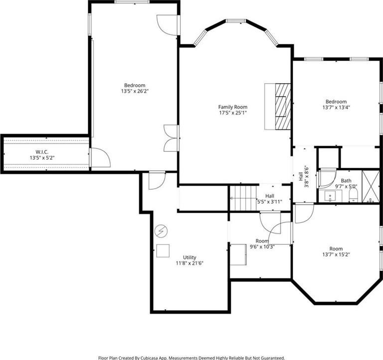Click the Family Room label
click(233, 107)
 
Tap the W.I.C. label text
click(42, 152)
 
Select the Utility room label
click(190, 257)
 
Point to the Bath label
click(346, 181)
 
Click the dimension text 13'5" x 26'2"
click(135, 91)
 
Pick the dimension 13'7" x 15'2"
click(336, 254)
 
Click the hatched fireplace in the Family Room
click(283, 107)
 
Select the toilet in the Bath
click(353, 196)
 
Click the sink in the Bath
click(330, 196)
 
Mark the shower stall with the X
click(370, 186)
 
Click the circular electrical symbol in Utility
click(161, 231)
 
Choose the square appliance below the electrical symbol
click(163, 250)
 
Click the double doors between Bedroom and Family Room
click(172, 138)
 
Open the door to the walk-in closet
click(99, 158)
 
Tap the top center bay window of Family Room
click(236, 21)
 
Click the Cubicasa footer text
click(191, 358)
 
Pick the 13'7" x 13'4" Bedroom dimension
click(336, 108)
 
